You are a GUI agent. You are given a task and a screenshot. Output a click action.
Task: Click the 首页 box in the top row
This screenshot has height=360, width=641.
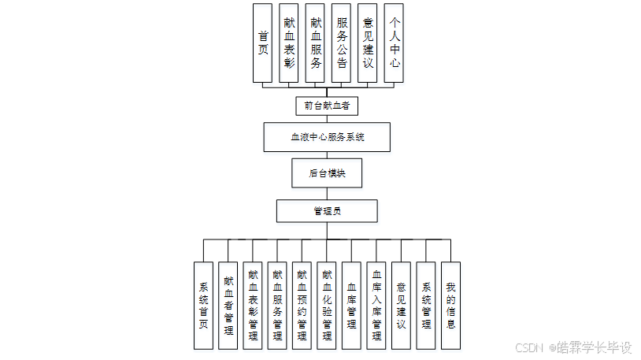click(x=262, y=43)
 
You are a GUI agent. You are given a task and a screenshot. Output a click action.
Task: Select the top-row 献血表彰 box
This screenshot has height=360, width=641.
click(x=288, y=43)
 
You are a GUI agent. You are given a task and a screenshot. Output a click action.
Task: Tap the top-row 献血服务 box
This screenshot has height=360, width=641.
click(x=315, y=43)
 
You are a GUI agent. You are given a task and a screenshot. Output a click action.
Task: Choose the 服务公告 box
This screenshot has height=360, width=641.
click(x=341, y=43)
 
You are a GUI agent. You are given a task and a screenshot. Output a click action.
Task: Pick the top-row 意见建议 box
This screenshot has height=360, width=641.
click(x=367, y=43)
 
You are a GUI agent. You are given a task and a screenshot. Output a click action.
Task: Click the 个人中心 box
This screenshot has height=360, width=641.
click(x=393, y=43)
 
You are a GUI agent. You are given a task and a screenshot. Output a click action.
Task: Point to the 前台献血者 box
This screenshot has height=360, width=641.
click(x=327, y=105)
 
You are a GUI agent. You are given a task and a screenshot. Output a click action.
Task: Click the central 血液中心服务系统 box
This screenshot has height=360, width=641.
click(x=327, y=137)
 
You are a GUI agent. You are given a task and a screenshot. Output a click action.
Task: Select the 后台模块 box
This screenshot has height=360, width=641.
click(x=327, y=173)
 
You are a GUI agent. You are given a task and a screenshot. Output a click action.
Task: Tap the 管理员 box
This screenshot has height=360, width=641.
click(x=327, y=211)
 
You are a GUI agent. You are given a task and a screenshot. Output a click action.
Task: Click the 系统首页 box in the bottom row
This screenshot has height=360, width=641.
click(x=203, y=306)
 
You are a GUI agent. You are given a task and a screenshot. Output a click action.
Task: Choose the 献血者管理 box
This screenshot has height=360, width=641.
click(x=228, y=306)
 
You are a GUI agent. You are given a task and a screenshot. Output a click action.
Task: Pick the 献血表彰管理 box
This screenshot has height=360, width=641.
click(x=253, y=306)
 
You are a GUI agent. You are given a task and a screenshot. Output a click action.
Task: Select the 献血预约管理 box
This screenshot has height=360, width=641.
click(x=302, y=306)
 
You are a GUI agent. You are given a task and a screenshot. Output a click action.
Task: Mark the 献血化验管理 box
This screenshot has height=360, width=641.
click(x=327, y=306)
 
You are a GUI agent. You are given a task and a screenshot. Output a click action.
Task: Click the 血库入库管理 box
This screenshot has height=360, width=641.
click(x=376, y=306)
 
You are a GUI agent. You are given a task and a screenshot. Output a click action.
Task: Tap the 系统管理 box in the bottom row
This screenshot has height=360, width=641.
click(x=426, y=306)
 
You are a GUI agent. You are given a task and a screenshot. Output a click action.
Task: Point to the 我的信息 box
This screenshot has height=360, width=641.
click(x=450, y=306)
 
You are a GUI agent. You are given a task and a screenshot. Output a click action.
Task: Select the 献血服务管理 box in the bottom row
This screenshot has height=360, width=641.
click(x=277, y=306)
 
